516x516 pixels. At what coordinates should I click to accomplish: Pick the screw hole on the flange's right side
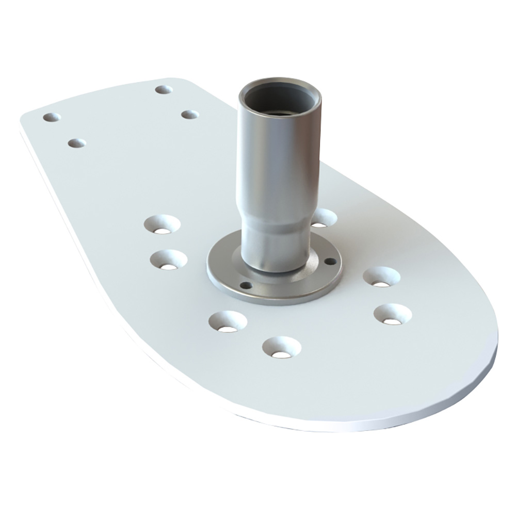(330, 262)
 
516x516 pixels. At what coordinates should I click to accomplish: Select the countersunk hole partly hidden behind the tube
(323, 218)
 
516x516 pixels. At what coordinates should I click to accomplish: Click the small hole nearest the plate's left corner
(52, 118)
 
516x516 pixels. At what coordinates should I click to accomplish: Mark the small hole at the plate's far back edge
(164, 90)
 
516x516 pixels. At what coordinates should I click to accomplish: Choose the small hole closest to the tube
(190, 115)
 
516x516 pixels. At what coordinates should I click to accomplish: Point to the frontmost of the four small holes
(76, 142)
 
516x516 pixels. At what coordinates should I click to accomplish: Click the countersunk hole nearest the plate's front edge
(281, 347)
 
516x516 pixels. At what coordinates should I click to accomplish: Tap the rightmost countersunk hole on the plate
(392, 314)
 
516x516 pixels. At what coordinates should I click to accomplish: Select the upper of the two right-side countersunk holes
(381, 277)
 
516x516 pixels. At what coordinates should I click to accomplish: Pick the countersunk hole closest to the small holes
(162, 224)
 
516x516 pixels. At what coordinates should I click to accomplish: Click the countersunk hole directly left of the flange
(168, 260)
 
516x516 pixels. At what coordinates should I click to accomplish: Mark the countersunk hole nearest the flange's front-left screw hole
(228, 321)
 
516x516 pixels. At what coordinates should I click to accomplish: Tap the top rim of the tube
(279, 82)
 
